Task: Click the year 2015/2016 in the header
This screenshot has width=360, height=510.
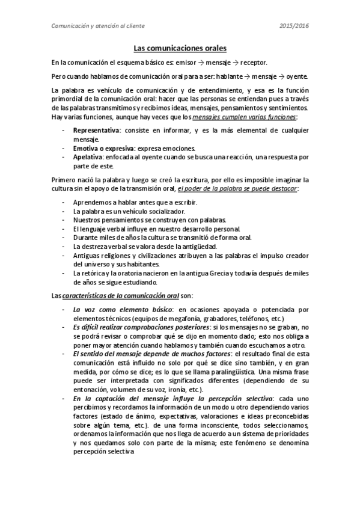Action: tap(294, 25)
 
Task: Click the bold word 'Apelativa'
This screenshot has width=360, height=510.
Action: tap(87, 157)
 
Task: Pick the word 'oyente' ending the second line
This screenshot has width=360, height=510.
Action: tap(296, 76)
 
